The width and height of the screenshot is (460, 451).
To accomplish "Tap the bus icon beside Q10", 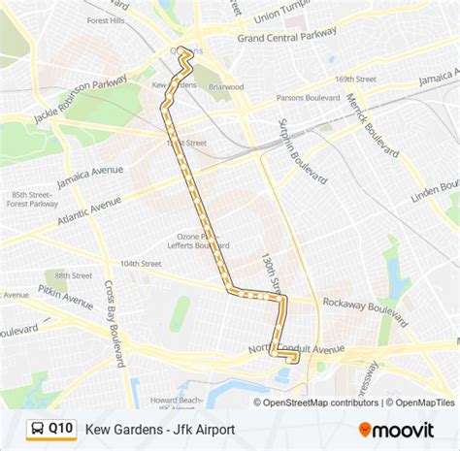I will pos(36,427).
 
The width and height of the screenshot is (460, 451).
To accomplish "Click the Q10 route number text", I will pos(61,427).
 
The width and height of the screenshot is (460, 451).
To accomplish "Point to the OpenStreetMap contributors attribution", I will pos(316,403).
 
